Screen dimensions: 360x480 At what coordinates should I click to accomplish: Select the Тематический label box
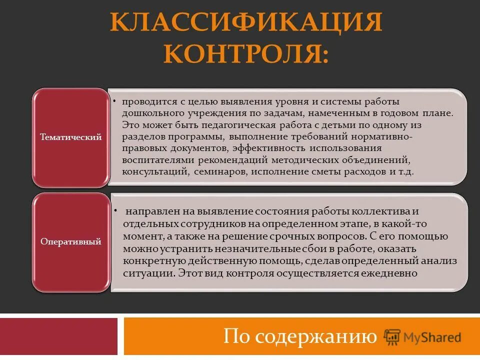pos(70,136)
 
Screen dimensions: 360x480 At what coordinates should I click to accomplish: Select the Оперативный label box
pos(70,241)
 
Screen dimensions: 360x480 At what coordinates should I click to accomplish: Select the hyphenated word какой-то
pos(407,223)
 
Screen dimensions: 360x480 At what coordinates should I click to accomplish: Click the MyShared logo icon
pos(392,336)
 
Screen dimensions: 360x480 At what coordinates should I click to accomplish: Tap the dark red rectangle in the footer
pos(58,336)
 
